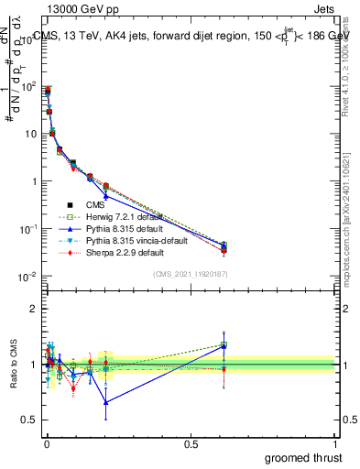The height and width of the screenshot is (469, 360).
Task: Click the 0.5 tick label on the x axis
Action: (191, 443)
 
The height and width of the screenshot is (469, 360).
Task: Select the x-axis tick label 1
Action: (336, 443)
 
